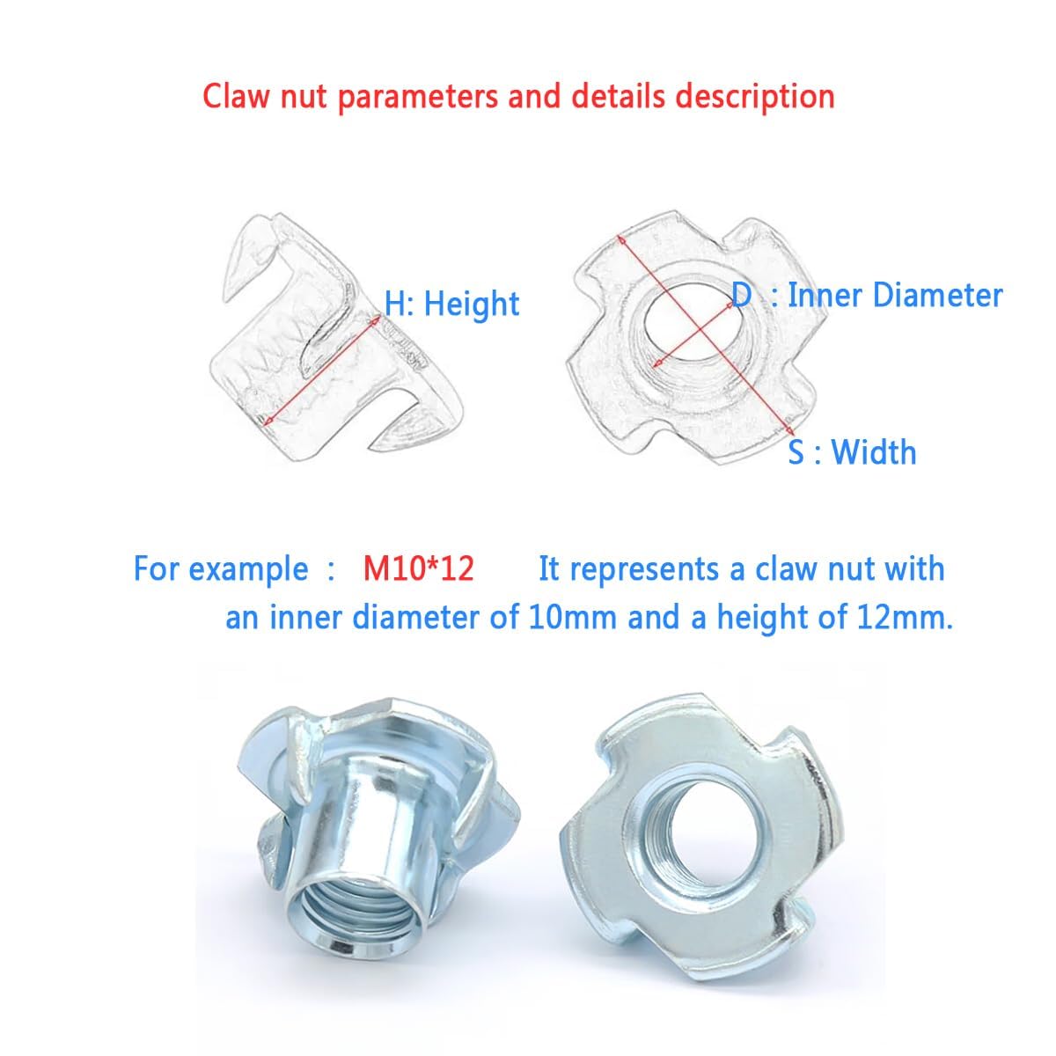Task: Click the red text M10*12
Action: click(418, 568)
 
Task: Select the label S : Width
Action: click(852, 452)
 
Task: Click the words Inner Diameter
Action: click(895, 296)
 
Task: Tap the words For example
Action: click(221, 569)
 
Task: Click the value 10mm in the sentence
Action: click(573, 618)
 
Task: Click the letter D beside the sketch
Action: click(741, 296)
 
